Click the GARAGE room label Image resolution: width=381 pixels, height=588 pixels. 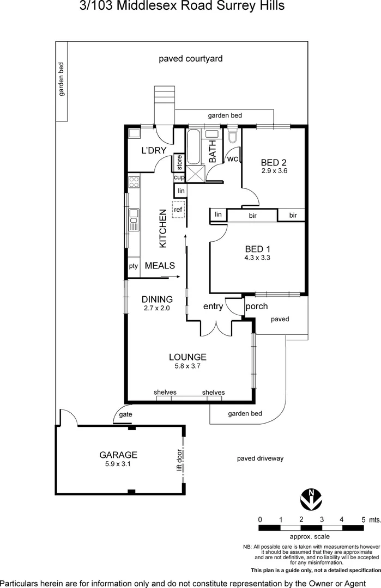pos(118,455)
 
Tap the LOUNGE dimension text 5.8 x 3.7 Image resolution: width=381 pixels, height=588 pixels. pos(188,366)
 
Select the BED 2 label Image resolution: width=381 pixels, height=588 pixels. pos(274,162)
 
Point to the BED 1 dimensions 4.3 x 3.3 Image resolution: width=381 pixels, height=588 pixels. pos(258,258)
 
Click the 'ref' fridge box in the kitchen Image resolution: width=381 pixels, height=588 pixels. pos(178,209)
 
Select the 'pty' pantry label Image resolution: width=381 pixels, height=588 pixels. pos(133,266)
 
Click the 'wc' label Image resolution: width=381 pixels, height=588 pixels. pos(232,159)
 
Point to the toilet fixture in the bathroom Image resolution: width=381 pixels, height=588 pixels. pos(233,135)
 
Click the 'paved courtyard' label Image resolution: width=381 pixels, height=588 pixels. pos(191,59)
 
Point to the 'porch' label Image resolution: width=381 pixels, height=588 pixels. pos(256,306)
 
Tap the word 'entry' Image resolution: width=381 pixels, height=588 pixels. pos(213,307)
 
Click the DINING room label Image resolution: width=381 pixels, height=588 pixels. pos(157,299)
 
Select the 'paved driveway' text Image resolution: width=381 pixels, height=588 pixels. pos(260,458)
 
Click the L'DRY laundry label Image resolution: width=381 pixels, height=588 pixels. pos(154,151)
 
